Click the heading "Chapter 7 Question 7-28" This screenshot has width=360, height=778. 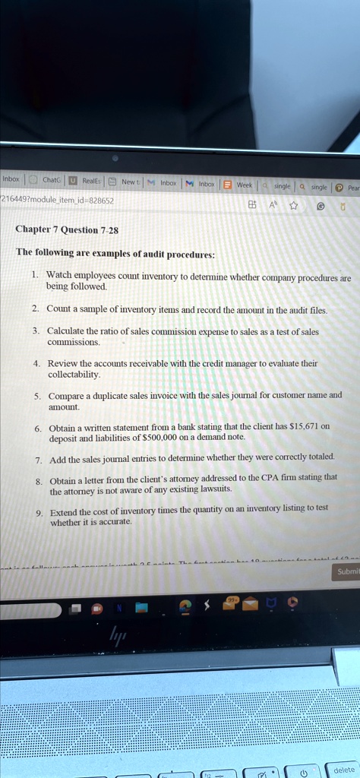68,229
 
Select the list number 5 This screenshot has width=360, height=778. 37,396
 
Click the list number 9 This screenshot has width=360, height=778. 38,512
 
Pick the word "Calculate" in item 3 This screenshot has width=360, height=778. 68,331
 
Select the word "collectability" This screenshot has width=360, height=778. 74,375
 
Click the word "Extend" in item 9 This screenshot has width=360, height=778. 63,510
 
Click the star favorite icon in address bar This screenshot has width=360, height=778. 293,204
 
